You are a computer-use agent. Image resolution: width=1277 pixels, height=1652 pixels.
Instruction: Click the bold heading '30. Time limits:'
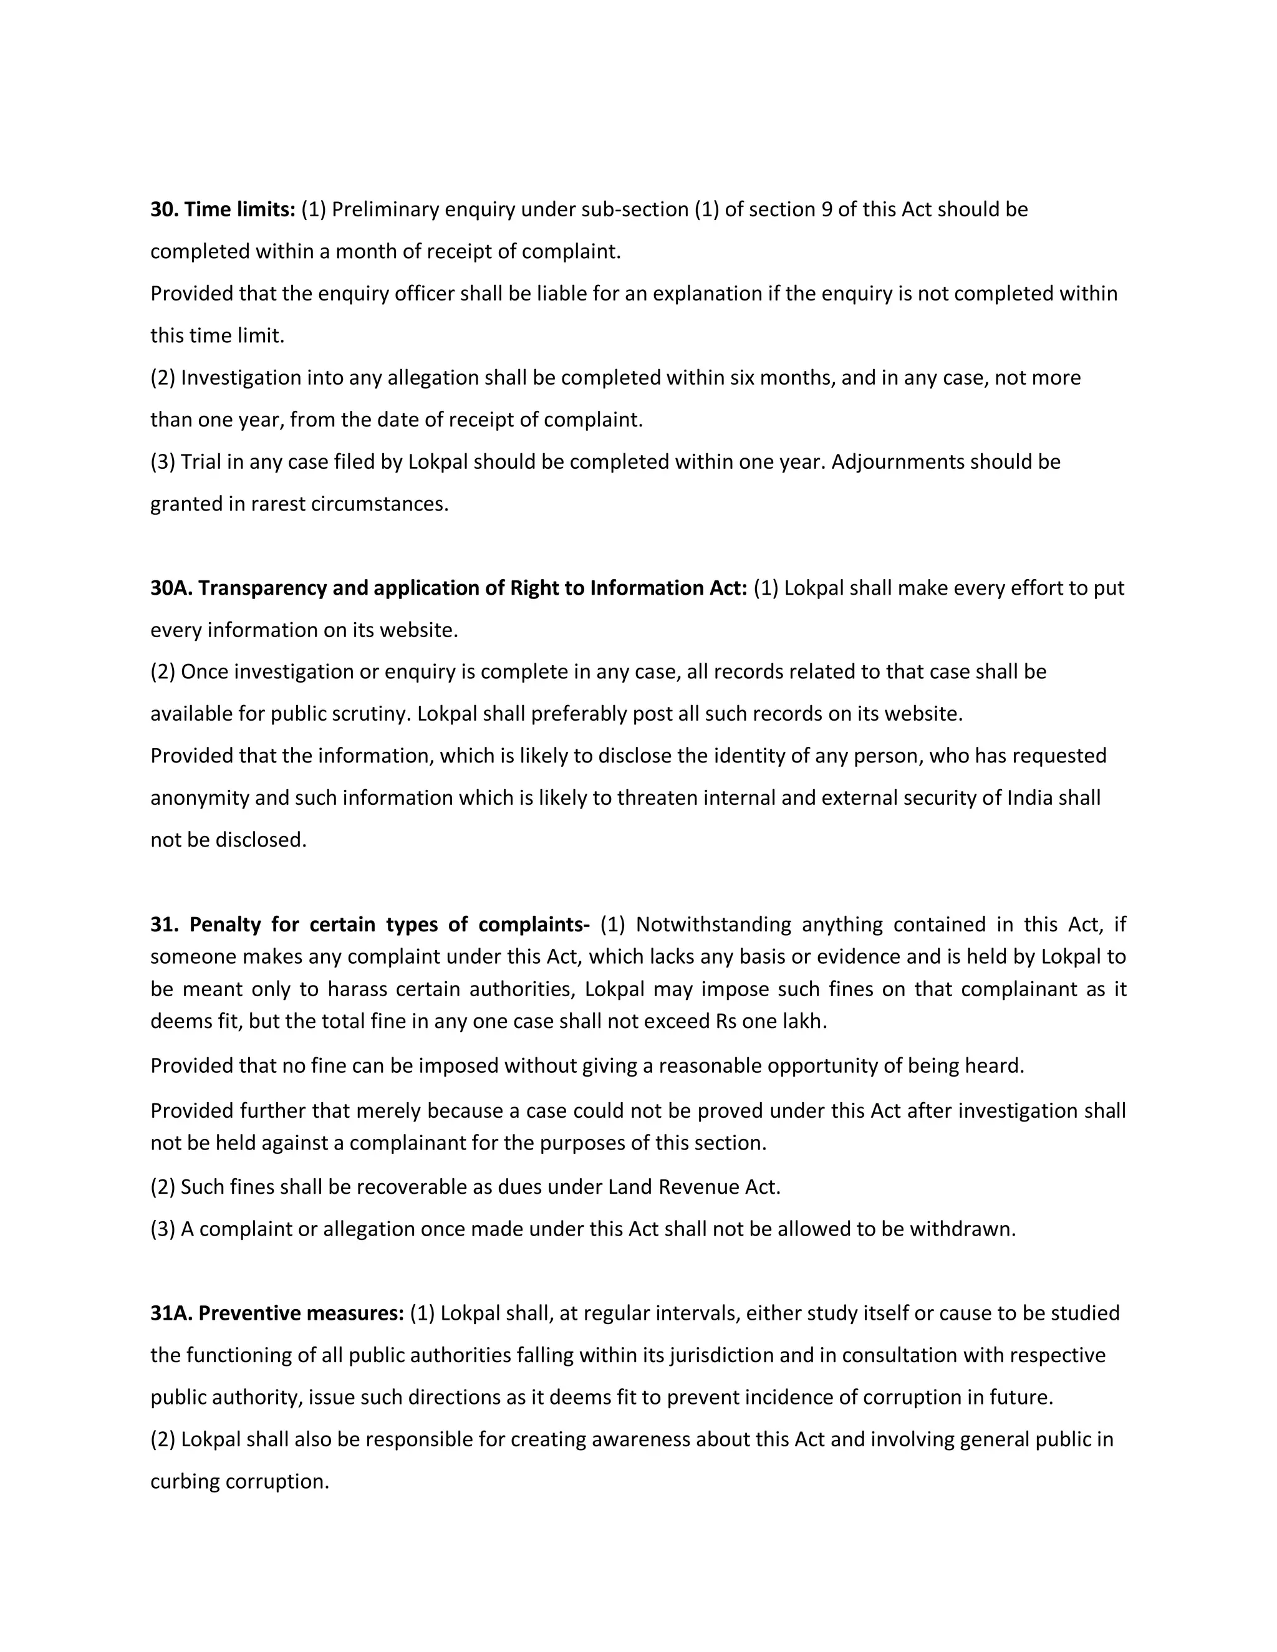pyautogui.click(x=223, y=209)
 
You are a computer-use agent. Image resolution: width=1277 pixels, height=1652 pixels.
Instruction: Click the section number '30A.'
pyautogui.click(x=171, y=588)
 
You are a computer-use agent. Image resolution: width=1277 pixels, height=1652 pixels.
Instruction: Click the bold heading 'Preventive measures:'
pyautogui.click(x=301, y=1313)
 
